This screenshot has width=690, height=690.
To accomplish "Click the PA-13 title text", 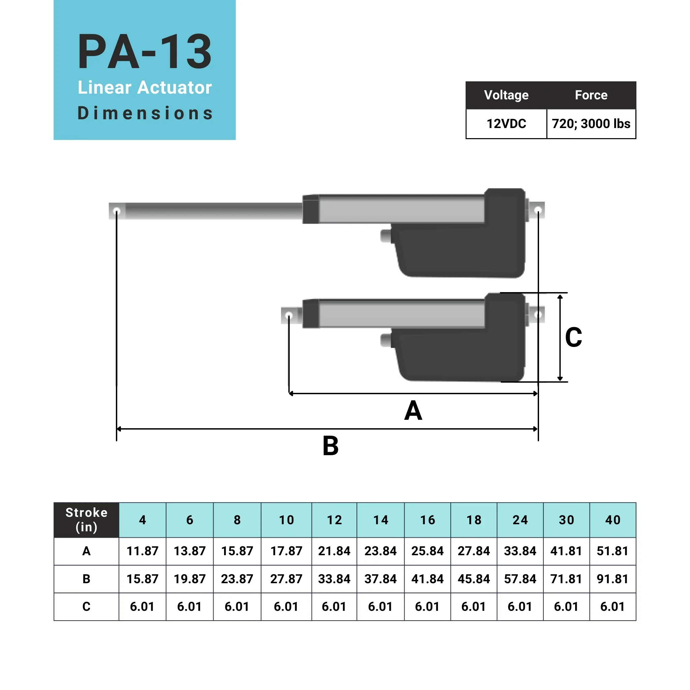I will pyautogui.click(x=145, y=52).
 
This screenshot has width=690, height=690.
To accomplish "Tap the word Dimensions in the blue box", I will pyautogui.click(x=145, y=113).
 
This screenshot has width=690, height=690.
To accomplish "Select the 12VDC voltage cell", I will pyautogui.click(x=506, y=124).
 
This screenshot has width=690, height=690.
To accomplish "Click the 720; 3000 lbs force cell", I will pyautogui.click(x=591, y=124).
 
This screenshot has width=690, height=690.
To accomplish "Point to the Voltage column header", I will pyautogui.click(x=506, y=95).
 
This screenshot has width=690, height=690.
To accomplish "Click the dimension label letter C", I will pyautogui.click(x=573, y=337).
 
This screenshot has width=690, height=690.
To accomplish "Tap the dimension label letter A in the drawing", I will pyautogui.click(x=413, y=410).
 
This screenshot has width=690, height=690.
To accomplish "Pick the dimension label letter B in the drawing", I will pyautogui.click(x=331, y=446).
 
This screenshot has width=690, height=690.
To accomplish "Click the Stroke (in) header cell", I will pyautogui.click(x=87, y=520).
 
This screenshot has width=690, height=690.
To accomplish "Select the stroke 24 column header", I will pyautogui.click(x=520, y=520).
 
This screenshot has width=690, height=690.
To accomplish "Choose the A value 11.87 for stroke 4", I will pyautogui.click(x=143, y=551).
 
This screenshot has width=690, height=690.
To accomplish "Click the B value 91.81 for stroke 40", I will pyautogui.click(x=613, y=579).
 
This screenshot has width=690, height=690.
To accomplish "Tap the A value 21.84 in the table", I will pyautogui.click(x=334, y=551).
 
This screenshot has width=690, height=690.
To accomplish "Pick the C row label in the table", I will pyautogui.click(x=87, y=606).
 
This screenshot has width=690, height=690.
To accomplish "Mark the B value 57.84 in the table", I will pyautogui.click(x=520, y=579).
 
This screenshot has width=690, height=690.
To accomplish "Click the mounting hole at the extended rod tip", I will pyautogui.click(x=117, y=211).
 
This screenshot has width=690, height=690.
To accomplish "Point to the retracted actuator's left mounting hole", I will pyautogui.click(x=289, y=315).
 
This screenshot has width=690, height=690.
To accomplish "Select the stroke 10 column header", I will pyautogui.click(x=286, y=520).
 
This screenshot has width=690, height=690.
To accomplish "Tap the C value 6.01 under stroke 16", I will pyautogui.click(x=427, y=606).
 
